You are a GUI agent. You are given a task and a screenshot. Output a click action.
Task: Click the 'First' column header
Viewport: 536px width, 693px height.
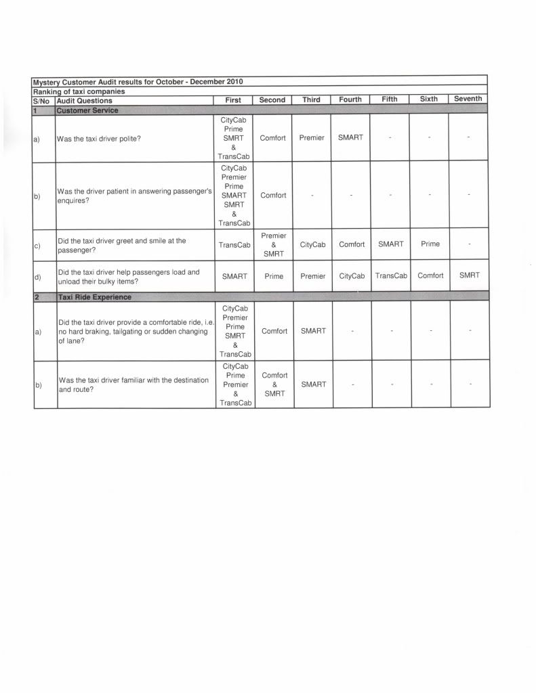(x=233, y=99)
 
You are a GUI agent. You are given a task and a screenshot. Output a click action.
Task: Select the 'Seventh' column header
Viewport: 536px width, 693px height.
(x=468, y=99)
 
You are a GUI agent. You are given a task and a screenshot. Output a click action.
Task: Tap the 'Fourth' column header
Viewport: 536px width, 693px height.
(x=350, y=99)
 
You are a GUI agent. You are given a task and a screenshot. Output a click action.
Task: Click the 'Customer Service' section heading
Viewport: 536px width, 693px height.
(x=87, y=110)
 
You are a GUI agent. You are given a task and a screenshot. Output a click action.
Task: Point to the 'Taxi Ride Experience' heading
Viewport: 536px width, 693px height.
(x=95, y=297)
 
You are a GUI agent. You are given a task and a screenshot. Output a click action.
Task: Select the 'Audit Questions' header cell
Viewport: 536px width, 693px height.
(x=85, y=101)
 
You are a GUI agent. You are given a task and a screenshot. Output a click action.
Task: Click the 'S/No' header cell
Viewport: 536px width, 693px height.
(x=43, y=101)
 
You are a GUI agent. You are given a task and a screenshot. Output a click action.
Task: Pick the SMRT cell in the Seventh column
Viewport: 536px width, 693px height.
(x=469, y=275)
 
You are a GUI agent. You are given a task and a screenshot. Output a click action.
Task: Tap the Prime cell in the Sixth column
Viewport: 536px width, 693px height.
(x=430, y=244)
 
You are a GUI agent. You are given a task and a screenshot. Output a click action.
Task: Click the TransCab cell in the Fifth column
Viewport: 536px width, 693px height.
(x=391, y=276)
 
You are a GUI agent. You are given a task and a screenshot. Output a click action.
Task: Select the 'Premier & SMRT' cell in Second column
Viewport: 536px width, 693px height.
(x=274, y=244)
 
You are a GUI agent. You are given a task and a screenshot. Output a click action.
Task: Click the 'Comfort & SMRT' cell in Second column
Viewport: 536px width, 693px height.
(x=274, y=384)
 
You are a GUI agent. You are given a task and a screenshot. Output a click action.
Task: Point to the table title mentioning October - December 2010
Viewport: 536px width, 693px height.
(x=138, y=82)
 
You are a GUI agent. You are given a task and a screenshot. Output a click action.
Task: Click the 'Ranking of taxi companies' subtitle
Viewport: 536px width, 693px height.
(x=79, y=91)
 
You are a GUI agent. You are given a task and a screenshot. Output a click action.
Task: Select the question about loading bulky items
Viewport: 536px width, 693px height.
(x=129, y=277)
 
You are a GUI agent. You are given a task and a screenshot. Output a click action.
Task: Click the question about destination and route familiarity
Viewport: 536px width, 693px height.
(x=133, y=384)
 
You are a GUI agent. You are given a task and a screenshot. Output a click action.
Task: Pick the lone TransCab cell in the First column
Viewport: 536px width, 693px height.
(x=234, y=245)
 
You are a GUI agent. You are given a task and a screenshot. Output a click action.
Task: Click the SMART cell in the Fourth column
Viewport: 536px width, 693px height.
(x=350, y=137)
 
